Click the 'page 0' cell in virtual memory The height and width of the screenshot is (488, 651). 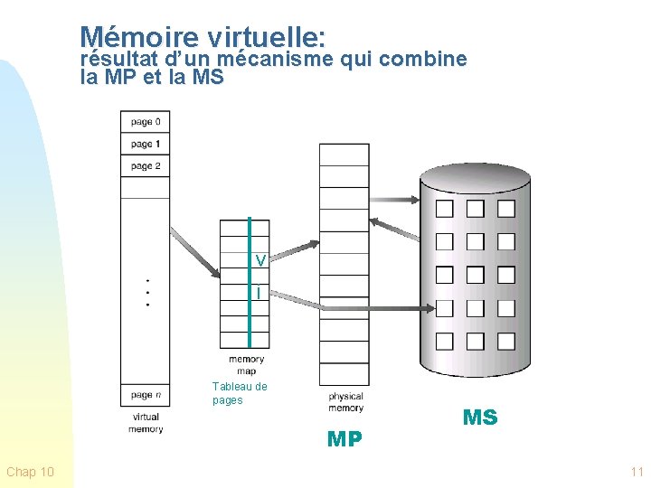coord(146,122)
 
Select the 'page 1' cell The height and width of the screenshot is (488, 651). coord(146,144)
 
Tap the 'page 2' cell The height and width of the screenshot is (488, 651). coord(146,166)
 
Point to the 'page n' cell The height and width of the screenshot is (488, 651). coord(146,395)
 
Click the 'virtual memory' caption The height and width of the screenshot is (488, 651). coord(146,423)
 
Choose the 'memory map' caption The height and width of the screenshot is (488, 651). coord(246,365)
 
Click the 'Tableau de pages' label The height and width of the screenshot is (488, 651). coord(240,393)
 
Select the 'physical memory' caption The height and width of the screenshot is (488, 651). coord(345,402)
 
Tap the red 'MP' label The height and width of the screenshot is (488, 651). coord(344,440)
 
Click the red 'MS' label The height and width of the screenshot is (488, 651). coord(480,418)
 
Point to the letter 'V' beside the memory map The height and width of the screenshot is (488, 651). coord(259,261)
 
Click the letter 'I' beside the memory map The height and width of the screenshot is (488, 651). coord(259,294)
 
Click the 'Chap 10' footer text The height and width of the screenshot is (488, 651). coord(30,472)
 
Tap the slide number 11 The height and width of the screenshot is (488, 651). coord(637,472)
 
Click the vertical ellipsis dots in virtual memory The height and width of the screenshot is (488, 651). coord(147,291)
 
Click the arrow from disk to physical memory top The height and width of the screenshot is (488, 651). coord(396,230)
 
